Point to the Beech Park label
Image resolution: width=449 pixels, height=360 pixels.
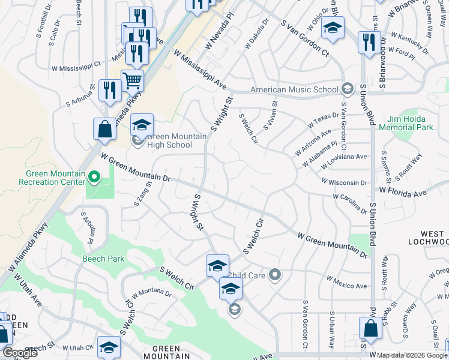click(x=103, y=259)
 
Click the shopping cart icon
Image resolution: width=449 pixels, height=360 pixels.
click(x=132, y=80)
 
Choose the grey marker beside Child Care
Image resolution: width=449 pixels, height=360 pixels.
click(x=275, y=275)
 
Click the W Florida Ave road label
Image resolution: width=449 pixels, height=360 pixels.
click(x=402, y=193)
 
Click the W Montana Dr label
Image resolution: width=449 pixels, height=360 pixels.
click(x=151, y=293)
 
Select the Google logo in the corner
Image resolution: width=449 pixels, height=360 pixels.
click(x=20, y=353)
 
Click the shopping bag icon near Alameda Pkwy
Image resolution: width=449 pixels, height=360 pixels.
click(x=104, y=129)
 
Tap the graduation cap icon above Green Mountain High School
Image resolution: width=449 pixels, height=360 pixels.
click(x=142, y=124)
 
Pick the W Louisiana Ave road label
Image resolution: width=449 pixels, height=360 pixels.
click(x=344, y=160)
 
